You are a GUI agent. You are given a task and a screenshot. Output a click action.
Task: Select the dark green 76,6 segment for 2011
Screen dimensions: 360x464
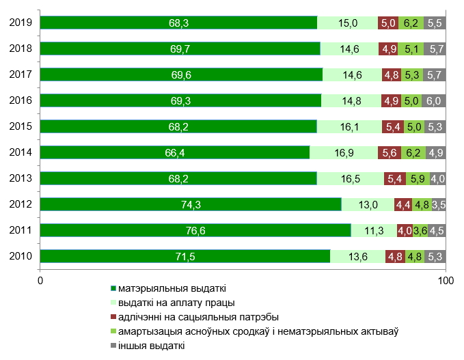[x=195, y=231]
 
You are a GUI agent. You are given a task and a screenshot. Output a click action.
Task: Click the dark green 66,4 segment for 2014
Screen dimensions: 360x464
[x=175, y=153]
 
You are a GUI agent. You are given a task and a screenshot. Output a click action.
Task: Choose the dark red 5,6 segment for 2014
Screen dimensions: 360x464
[x=389, y=153]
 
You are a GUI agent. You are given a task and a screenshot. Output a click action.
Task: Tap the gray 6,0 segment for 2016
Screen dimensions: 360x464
[x=434, y=101]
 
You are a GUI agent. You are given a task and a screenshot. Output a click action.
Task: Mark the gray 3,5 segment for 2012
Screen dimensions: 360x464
[x=439, y=205]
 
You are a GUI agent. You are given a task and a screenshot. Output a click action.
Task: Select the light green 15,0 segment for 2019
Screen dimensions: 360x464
[x=348, y=23]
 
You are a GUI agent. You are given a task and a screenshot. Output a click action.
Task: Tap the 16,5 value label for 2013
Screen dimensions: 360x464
[x=350, y=179]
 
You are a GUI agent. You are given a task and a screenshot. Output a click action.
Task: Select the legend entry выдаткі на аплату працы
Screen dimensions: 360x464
[x=177, y=303]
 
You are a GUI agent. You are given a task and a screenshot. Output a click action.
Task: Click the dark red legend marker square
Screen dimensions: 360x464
[x=113, y=317]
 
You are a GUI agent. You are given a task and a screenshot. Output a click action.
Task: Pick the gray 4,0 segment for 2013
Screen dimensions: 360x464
[x=437, y=179]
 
